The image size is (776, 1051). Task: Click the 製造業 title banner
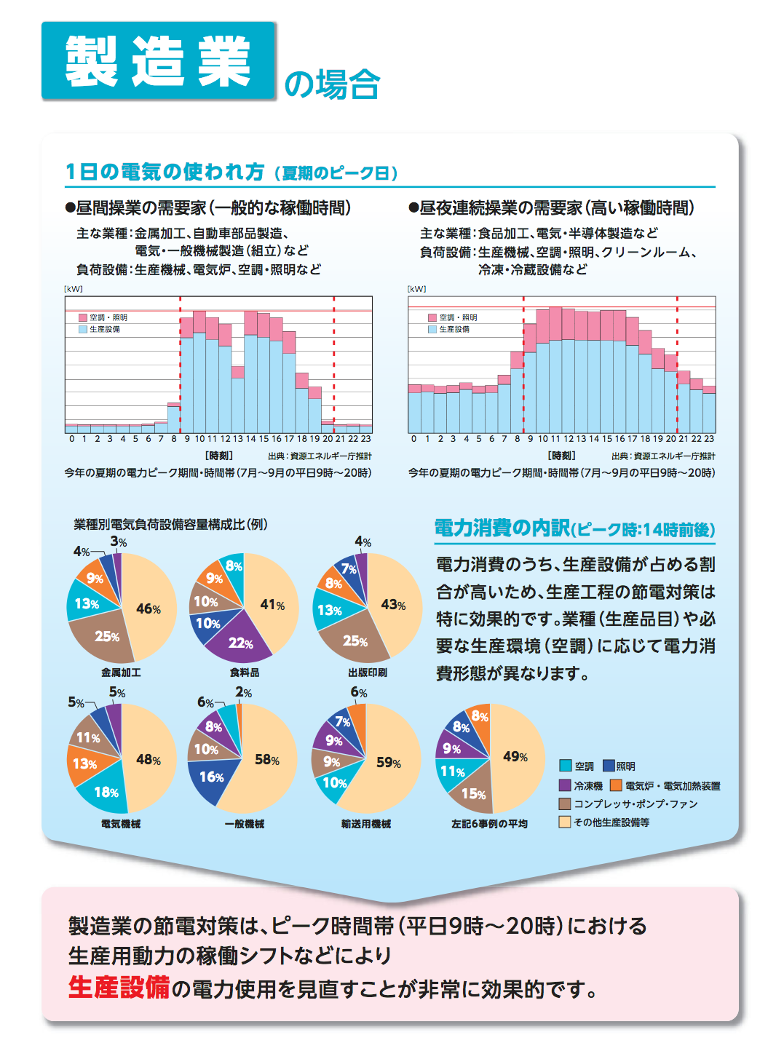[x=158, y=60]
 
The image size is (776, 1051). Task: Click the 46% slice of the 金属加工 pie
[x=149, y=608]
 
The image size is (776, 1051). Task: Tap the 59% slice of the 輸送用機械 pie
[x=388, y=762]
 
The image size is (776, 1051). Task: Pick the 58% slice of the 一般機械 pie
[x=266, y=760]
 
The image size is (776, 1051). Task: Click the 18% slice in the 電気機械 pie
[x=106, y=792]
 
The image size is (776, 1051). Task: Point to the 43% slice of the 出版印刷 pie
[x=393, y=605]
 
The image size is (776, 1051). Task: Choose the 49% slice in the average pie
[x=515, y=757]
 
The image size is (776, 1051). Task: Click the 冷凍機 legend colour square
[x=565, y=785]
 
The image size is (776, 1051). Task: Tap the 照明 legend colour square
[x=609, y=766]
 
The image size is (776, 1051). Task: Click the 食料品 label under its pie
[x=245, y=673]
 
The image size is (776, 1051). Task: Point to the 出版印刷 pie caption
[x=368, y=673]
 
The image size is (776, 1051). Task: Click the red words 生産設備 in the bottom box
[x=119, y=988]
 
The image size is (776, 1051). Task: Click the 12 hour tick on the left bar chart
[x=225, y=439]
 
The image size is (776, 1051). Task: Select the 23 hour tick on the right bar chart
[x=709, y=439]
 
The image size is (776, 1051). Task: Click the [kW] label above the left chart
[x=74, y=289]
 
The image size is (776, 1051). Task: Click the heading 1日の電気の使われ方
[x=165, y=172]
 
